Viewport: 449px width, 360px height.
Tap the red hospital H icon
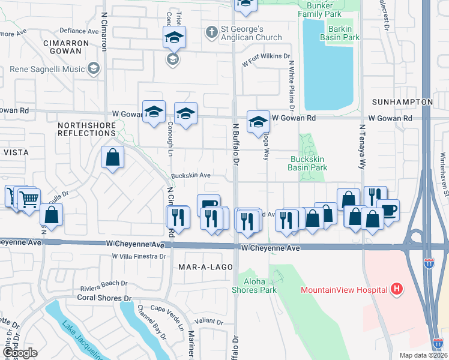(396, 289)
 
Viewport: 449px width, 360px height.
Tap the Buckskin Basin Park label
(308, 163)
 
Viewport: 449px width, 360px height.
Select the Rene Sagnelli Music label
(47, 69)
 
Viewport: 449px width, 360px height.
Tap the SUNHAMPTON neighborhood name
(402, 102)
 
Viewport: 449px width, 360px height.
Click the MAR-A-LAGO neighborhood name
(200, 265)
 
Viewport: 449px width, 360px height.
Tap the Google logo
(19, 353)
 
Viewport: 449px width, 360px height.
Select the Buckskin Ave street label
(190, 175)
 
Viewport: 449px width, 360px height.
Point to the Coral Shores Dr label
(103, 298)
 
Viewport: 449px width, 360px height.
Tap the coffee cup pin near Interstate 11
(389, 210)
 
